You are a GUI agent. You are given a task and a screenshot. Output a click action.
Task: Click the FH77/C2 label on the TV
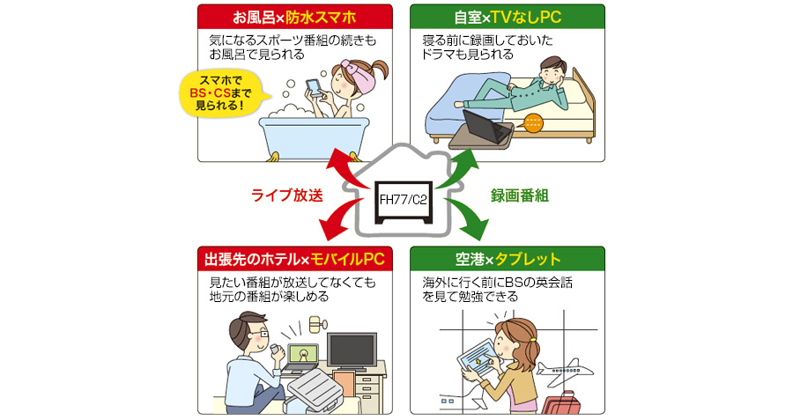tap(402, 200)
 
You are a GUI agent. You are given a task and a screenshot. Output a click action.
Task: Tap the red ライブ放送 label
tap(286, 195)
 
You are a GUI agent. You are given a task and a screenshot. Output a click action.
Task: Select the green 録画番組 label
tap(519, 195)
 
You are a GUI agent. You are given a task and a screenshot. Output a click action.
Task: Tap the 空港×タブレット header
tap(507, 260)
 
